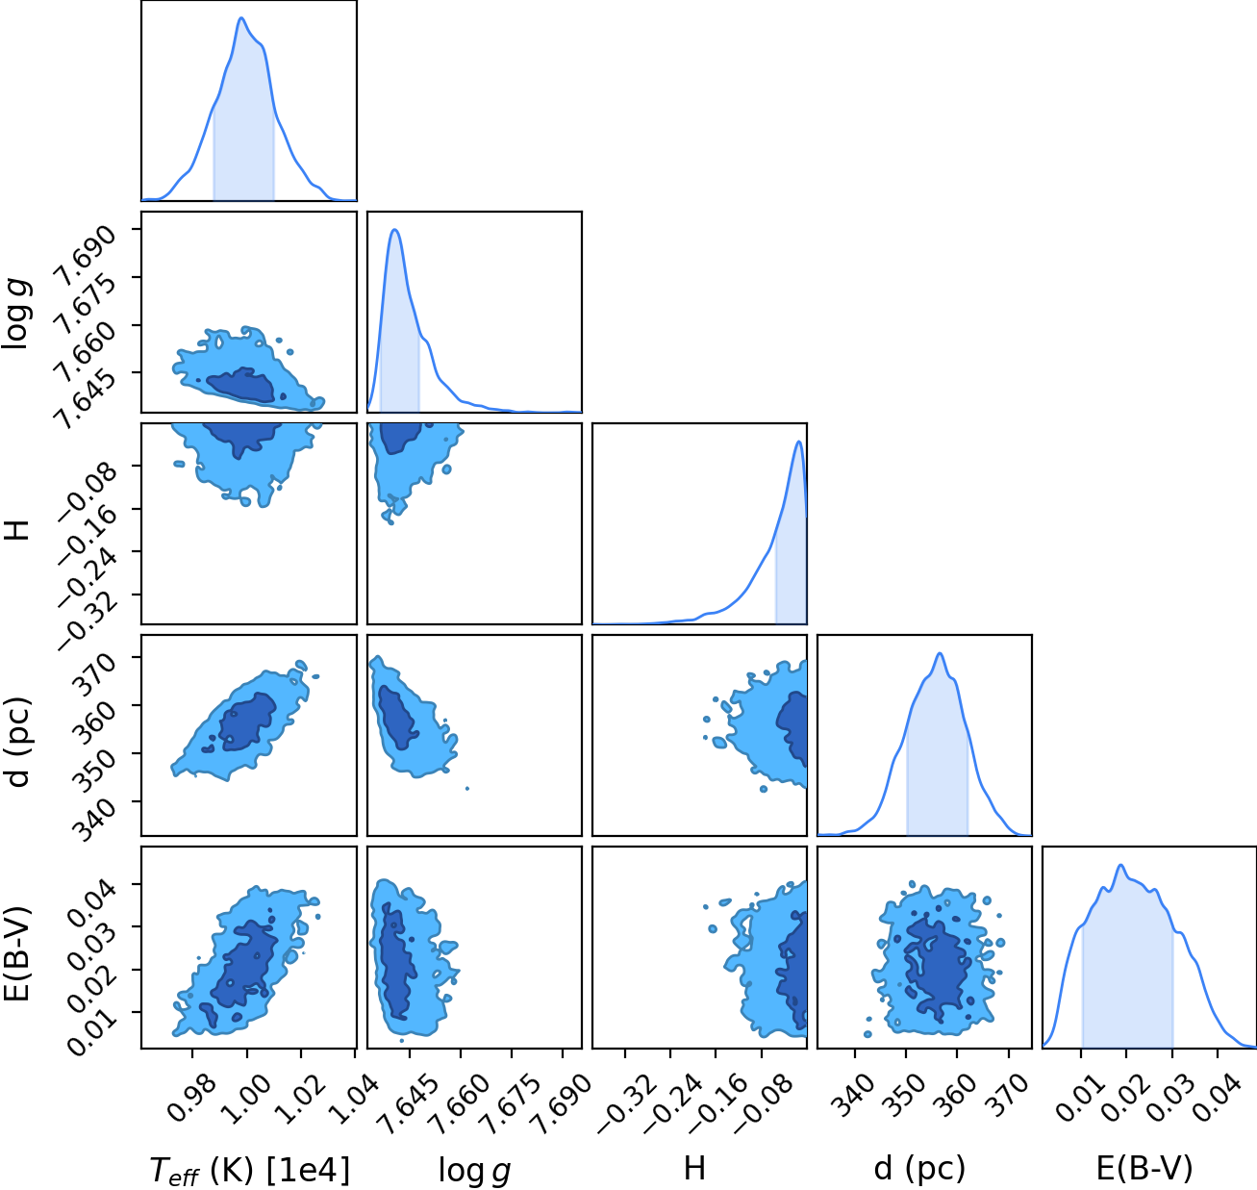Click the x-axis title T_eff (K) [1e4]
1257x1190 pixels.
(x=250, y=1172)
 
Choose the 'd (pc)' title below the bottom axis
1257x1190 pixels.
(x=919, y=1169)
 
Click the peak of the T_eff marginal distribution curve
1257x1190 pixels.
(x=241, y=17)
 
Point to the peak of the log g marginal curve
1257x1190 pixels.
(x=395, y=229)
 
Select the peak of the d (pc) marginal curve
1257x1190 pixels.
(x=940, y=653)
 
